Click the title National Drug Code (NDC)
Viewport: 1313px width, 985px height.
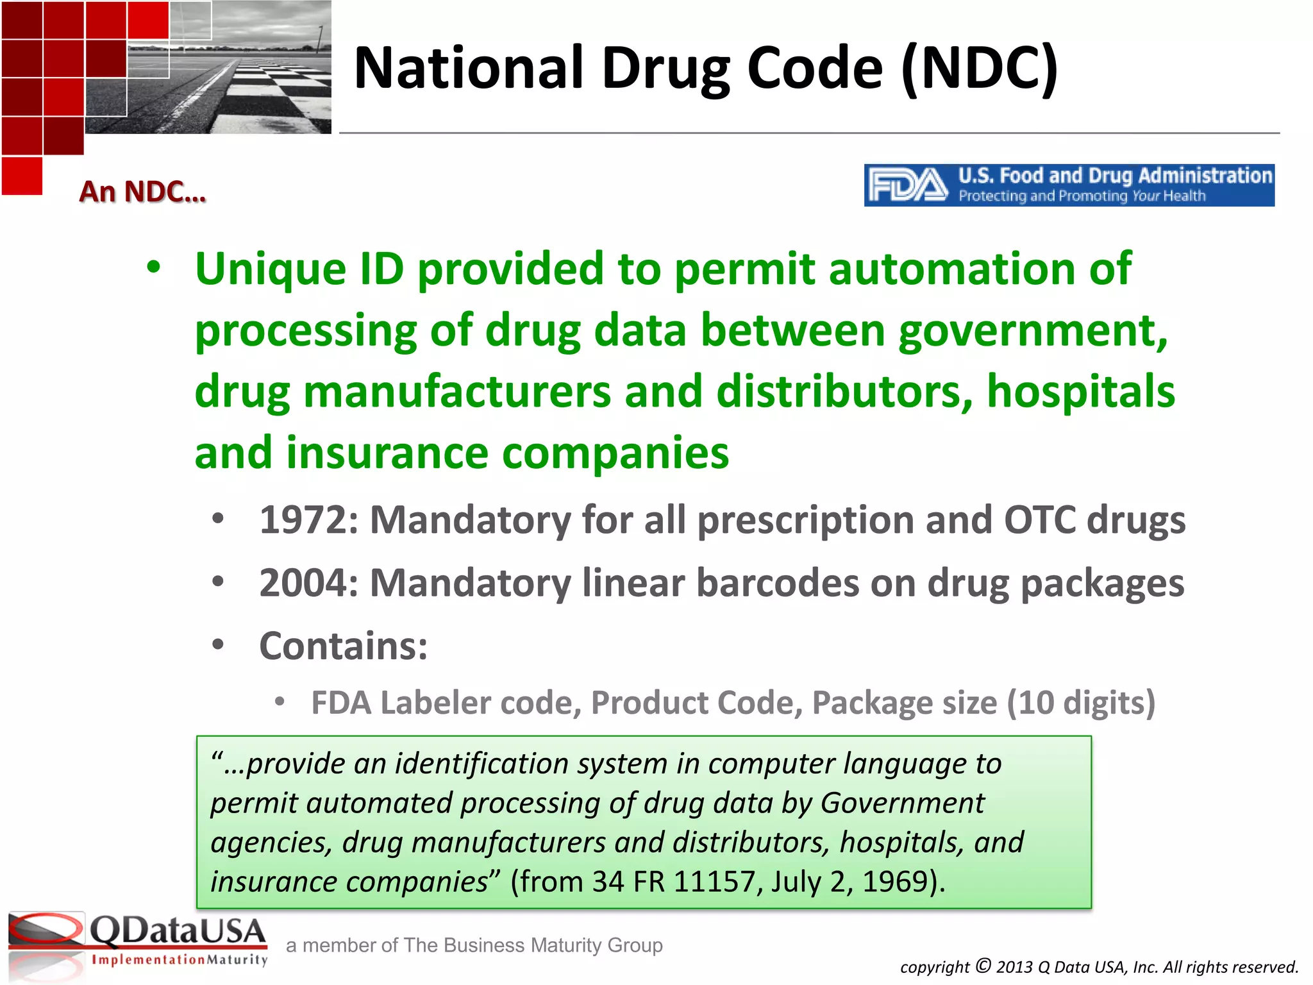[x=705, y=68]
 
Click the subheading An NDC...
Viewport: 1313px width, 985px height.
[x=142, y=192]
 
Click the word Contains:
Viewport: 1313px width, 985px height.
[x=343, y=646]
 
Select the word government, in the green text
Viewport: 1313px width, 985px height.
[x=1032, y=332]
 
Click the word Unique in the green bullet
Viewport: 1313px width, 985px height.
[x=270, y=269]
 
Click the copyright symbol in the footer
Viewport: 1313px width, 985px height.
[x=983, y=965]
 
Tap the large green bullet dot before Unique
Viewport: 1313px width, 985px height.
[x=153, y=267]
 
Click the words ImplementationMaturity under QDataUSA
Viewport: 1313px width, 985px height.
[x=180, y=960]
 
